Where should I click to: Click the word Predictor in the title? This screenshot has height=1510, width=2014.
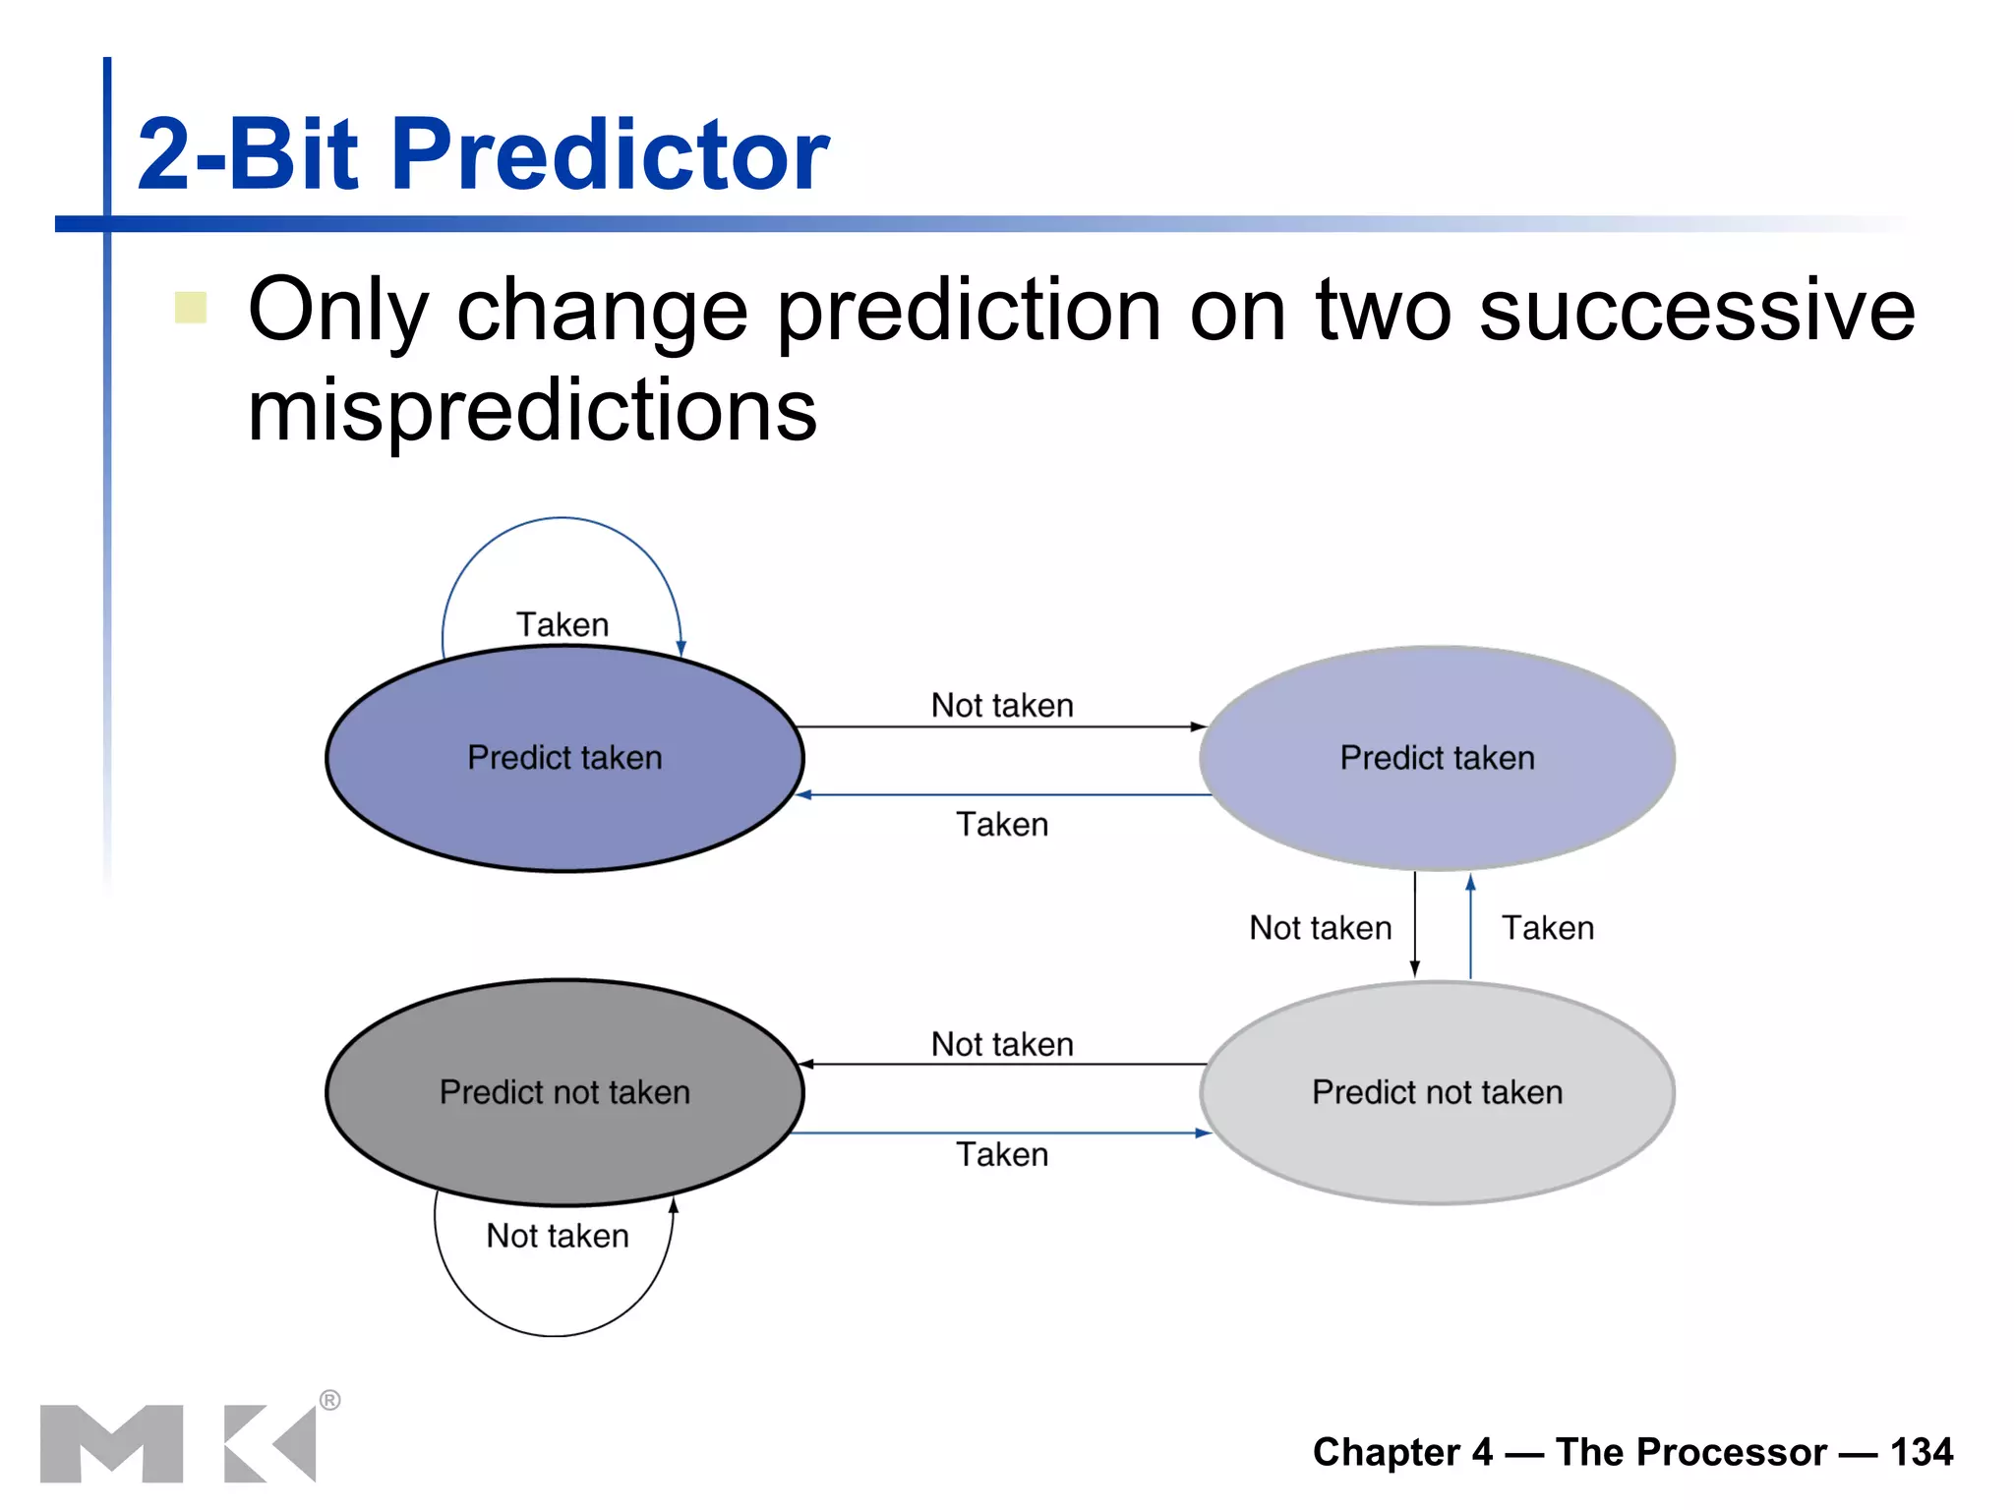click(x=610, y=155)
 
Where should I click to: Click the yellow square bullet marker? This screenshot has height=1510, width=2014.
click(x=191, y=308)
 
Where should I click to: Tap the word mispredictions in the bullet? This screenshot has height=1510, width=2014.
click(x=532, y=411)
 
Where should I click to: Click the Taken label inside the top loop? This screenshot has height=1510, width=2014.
click(x=563, y=625)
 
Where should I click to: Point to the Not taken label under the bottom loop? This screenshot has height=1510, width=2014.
click(x=558, y=1236)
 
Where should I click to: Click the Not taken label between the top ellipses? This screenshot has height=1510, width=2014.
click(x=1002, y=706)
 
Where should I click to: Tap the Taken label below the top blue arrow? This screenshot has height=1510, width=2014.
click(x=1002, y=825)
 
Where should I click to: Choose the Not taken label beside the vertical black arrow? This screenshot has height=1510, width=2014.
click(x=1320, y=928)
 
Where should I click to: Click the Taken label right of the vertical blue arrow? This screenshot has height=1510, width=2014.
click(x=1547, y=928)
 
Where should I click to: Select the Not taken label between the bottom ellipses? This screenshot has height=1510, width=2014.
click(x=1002, y=1044)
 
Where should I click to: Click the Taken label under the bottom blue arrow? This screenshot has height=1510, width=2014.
click(x=1002, y=1154)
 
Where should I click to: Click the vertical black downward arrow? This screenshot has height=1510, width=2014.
click(x=1414, y=924)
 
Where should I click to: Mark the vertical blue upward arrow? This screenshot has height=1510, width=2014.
click(x=1470, y=924)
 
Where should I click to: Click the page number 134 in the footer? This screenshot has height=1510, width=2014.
click(x=1921, y=1452)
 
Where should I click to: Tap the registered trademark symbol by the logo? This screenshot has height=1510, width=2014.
click(x=330, y=1400)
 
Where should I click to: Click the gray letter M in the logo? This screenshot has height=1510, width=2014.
click(x=111, y=1443)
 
